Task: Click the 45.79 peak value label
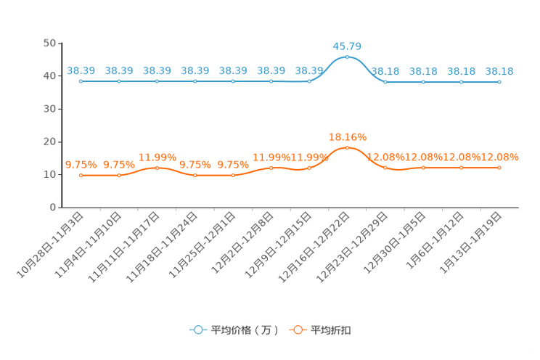click(x=347, y=46)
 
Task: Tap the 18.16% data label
click(x=348, y=137)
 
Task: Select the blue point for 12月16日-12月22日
click(x=347, y=57)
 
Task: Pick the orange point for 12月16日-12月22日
click(x=347, y=148)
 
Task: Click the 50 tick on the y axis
click(x=49, y=43)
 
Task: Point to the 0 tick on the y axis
click(x=53, y=208)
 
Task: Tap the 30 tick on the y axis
click(x=49, y=109)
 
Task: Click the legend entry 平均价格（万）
click(x=234, y=330)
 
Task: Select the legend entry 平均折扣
click(x=320, y=330)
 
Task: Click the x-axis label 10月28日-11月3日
click(x=50, y=245)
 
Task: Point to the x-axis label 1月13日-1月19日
click(x=471, y=243)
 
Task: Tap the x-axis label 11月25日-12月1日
click(x=202, y=245)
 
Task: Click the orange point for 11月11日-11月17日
click(x=157, y=168)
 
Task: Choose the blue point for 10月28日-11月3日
click(x=81, y=81)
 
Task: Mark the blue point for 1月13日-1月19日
click(x=499, y=82)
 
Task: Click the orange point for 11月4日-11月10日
click(x=119, y=176)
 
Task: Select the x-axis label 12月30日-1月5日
click(x=395, y=243)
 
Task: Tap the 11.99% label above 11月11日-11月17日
click(x=157, y=157)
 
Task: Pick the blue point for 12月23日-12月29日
click(x=385, y=82)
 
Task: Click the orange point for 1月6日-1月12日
click(x=462, y=168)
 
